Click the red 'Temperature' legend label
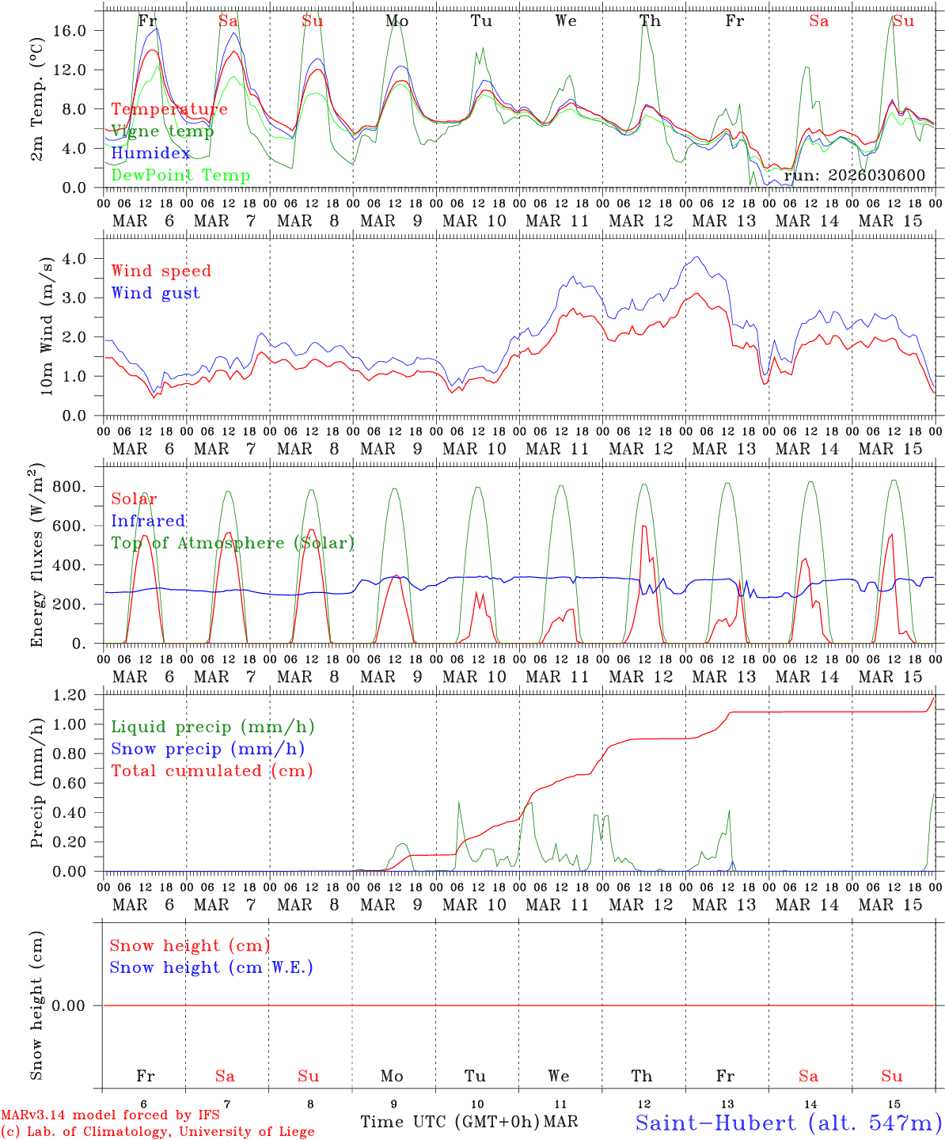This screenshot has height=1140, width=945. pyautogui.click(x=169, y=109)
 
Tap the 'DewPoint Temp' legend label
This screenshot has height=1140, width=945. pyautogui.click(x=180, y=175)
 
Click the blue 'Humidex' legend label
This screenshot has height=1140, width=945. pyautogui.click(x=151, y=153)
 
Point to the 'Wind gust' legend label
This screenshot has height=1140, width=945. pyautogui.click(x=155, y=293)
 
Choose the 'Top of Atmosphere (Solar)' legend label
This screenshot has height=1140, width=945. pyautogui.click(x=232, y=543)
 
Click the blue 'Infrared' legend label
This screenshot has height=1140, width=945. pyautogui.click(x=148, y=521)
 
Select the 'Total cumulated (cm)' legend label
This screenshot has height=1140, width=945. pyautogui.click(x=211, y=770)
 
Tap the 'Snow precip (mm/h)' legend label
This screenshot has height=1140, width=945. pyautogui.click(x=207, y=749)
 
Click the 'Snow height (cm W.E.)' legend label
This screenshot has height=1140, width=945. pyautogui.click(x=211, y=967)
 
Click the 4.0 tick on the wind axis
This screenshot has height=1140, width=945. pyautogui.click(x=77, y=259)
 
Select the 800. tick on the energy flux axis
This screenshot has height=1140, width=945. pyautogui.click(x=68, y=487)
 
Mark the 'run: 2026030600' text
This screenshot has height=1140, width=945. pyautogui.click(x=854, y=175)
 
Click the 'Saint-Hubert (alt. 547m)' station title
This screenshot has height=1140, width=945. pyautogui.click(x=787, y=1122)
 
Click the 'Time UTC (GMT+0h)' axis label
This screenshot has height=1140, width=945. pyautogui.click(x=450, y=1122)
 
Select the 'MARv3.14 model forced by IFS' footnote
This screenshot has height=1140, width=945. pyautogui.click(x=110, y=1115)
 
